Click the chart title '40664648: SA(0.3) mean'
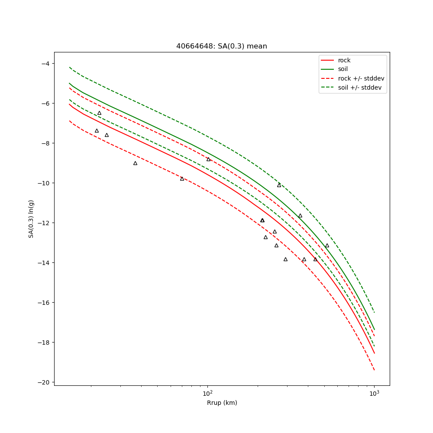[221, 46]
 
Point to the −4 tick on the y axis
[44, 64]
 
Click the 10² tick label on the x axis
[208, 393]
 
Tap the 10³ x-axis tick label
[374, 393]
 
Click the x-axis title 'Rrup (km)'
[222, 403]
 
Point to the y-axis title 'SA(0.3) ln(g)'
[31, 219]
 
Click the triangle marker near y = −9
[135, 163]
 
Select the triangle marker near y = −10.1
[279, 185]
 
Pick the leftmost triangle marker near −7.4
[97, 131]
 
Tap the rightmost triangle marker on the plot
[327, 246]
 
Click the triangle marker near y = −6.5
[99, 113]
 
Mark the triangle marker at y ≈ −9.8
[182, 178]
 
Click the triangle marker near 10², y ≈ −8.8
[208, 159]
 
